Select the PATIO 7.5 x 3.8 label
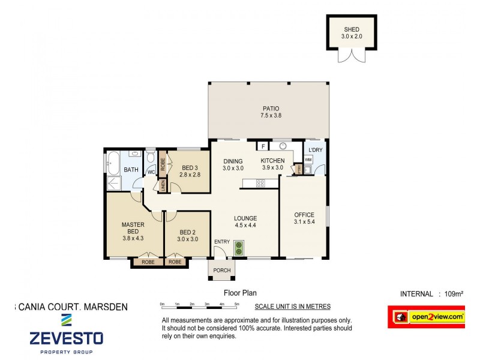coord(269,112)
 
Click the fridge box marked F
coord(262,146)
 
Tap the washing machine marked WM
coord(308,160)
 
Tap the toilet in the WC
coord(150,160)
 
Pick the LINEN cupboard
coord(162,185)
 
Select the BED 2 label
coord(187,232)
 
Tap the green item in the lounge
coord(239,248)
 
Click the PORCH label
coord(222,271)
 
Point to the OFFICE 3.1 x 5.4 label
coord(304,218)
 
